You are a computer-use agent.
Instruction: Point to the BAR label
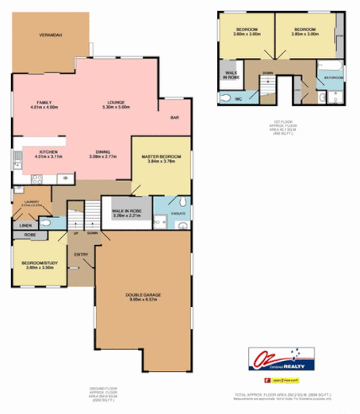(x=174, y=118)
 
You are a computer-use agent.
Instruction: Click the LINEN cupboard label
(x=26, y=225)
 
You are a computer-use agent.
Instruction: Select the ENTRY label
(x=81, y=255)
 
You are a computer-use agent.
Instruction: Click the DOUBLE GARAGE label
(x=144, y=297)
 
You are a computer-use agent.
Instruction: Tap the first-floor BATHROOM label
(x=332, y=78)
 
